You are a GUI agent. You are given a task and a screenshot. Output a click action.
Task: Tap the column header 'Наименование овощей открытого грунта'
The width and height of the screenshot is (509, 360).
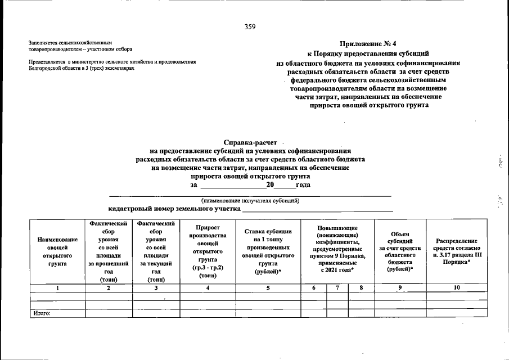57,251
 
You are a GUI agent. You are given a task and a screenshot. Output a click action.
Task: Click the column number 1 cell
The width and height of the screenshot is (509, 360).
57,288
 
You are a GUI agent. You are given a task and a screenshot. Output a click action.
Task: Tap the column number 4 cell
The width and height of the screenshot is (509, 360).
208,288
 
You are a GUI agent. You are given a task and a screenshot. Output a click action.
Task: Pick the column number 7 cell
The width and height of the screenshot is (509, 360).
337,288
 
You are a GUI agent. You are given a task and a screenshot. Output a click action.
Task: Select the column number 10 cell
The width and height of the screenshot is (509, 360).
456,288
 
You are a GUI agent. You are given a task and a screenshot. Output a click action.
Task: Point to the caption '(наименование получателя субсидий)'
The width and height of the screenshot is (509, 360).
250,201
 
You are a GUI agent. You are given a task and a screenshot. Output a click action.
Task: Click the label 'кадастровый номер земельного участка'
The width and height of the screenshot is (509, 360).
174,209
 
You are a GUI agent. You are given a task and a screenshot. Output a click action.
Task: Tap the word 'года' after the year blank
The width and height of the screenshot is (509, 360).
303,185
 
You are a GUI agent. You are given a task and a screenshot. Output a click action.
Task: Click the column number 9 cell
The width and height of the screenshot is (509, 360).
400,288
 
